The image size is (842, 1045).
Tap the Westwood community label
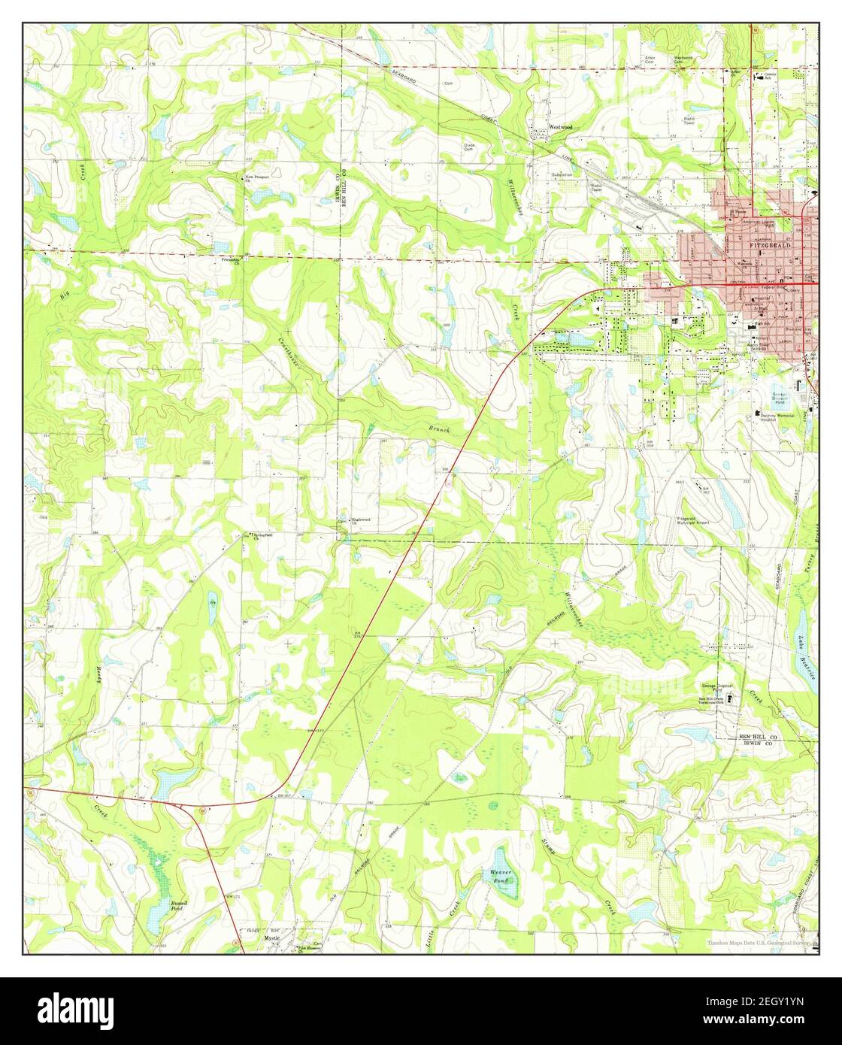(560, 128)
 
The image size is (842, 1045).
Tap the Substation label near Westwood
(560, 174)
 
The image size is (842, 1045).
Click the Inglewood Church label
(361, 519)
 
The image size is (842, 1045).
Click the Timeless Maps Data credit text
(760, 943)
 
